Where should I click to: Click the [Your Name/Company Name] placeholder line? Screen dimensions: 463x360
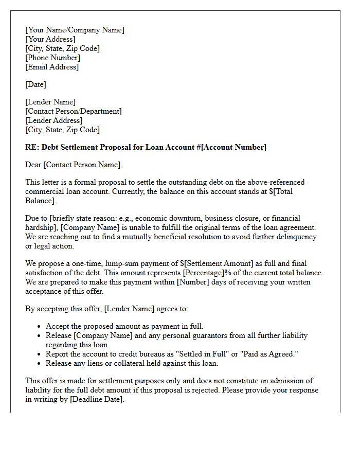[x=75, y=30]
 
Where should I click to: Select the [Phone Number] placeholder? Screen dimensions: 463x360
[x=52, y=58]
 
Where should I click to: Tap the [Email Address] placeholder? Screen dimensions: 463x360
[x=52, y=67]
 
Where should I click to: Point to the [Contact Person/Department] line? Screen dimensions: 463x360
[x=74, y=111]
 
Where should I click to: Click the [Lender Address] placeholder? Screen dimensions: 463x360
[x=53, y=120]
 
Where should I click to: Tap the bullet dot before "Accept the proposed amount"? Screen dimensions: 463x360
[x=40, y=327]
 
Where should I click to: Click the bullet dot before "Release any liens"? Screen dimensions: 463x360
[x=40, y=364]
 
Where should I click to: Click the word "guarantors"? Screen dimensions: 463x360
[x=193, y=335]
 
